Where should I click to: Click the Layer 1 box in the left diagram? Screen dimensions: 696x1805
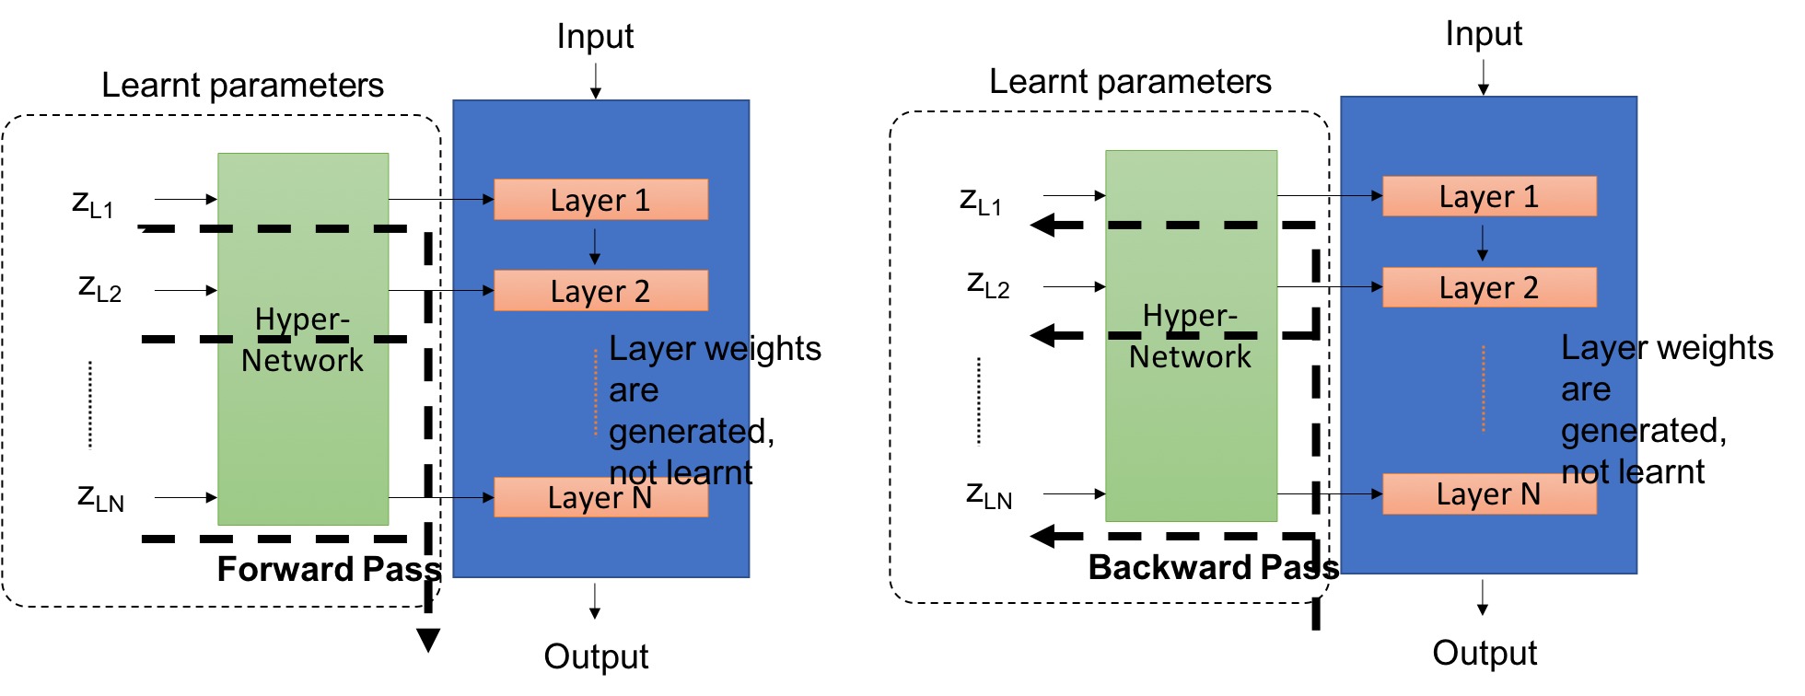(600, 200)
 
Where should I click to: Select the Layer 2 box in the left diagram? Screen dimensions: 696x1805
(600, 291)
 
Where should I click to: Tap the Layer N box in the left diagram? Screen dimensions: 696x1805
(600, 497)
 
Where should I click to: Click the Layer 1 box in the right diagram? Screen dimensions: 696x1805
(1489, 196)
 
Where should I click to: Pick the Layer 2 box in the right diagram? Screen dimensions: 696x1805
(1489, 287)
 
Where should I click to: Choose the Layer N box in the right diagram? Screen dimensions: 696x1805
(1489, 494)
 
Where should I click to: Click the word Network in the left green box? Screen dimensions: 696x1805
(302, 360)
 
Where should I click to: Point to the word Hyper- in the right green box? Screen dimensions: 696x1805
(1190, 316)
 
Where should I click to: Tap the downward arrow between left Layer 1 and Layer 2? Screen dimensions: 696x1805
(595, 247)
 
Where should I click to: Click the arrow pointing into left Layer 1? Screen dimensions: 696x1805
(474, 199)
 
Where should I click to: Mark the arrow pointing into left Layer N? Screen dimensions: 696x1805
(474, 498)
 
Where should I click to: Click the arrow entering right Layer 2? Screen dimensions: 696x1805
(1362, 287)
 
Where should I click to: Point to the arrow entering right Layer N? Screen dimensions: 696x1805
(1362, 494)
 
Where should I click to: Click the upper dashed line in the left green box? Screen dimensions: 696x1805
(303, 228)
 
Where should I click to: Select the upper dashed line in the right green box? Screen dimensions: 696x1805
(1182, 225)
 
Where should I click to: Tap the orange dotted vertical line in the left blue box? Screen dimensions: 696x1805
(596, 391)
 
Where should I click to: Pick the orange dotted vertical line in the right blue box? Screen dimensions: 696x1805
(1484, 389)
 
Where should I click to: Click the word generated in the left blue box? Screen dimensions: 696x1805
(680, 431)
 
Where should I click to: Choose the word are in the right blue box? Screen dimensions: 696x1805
(1586, 389)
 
